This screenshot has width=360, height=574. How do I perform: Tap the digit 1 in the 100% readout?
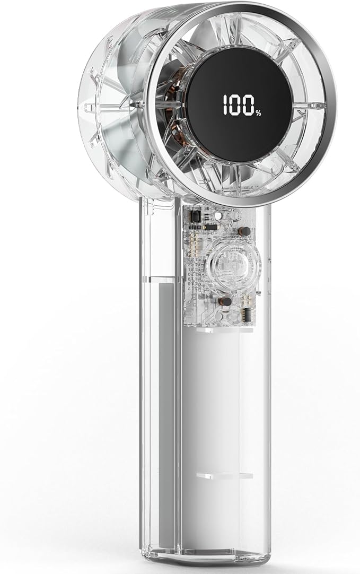pos(225,106)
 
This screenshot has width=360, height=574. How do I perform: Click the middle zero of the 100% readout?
pos(235,106)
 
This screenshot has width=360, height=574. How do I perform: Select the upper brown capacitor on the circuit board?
pos(244,231)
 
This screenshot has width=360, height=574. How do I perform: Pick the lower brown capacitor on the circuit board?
pos(225,301)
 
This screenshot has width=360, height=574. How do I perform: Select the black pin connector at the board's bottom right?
pos(248,314)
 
